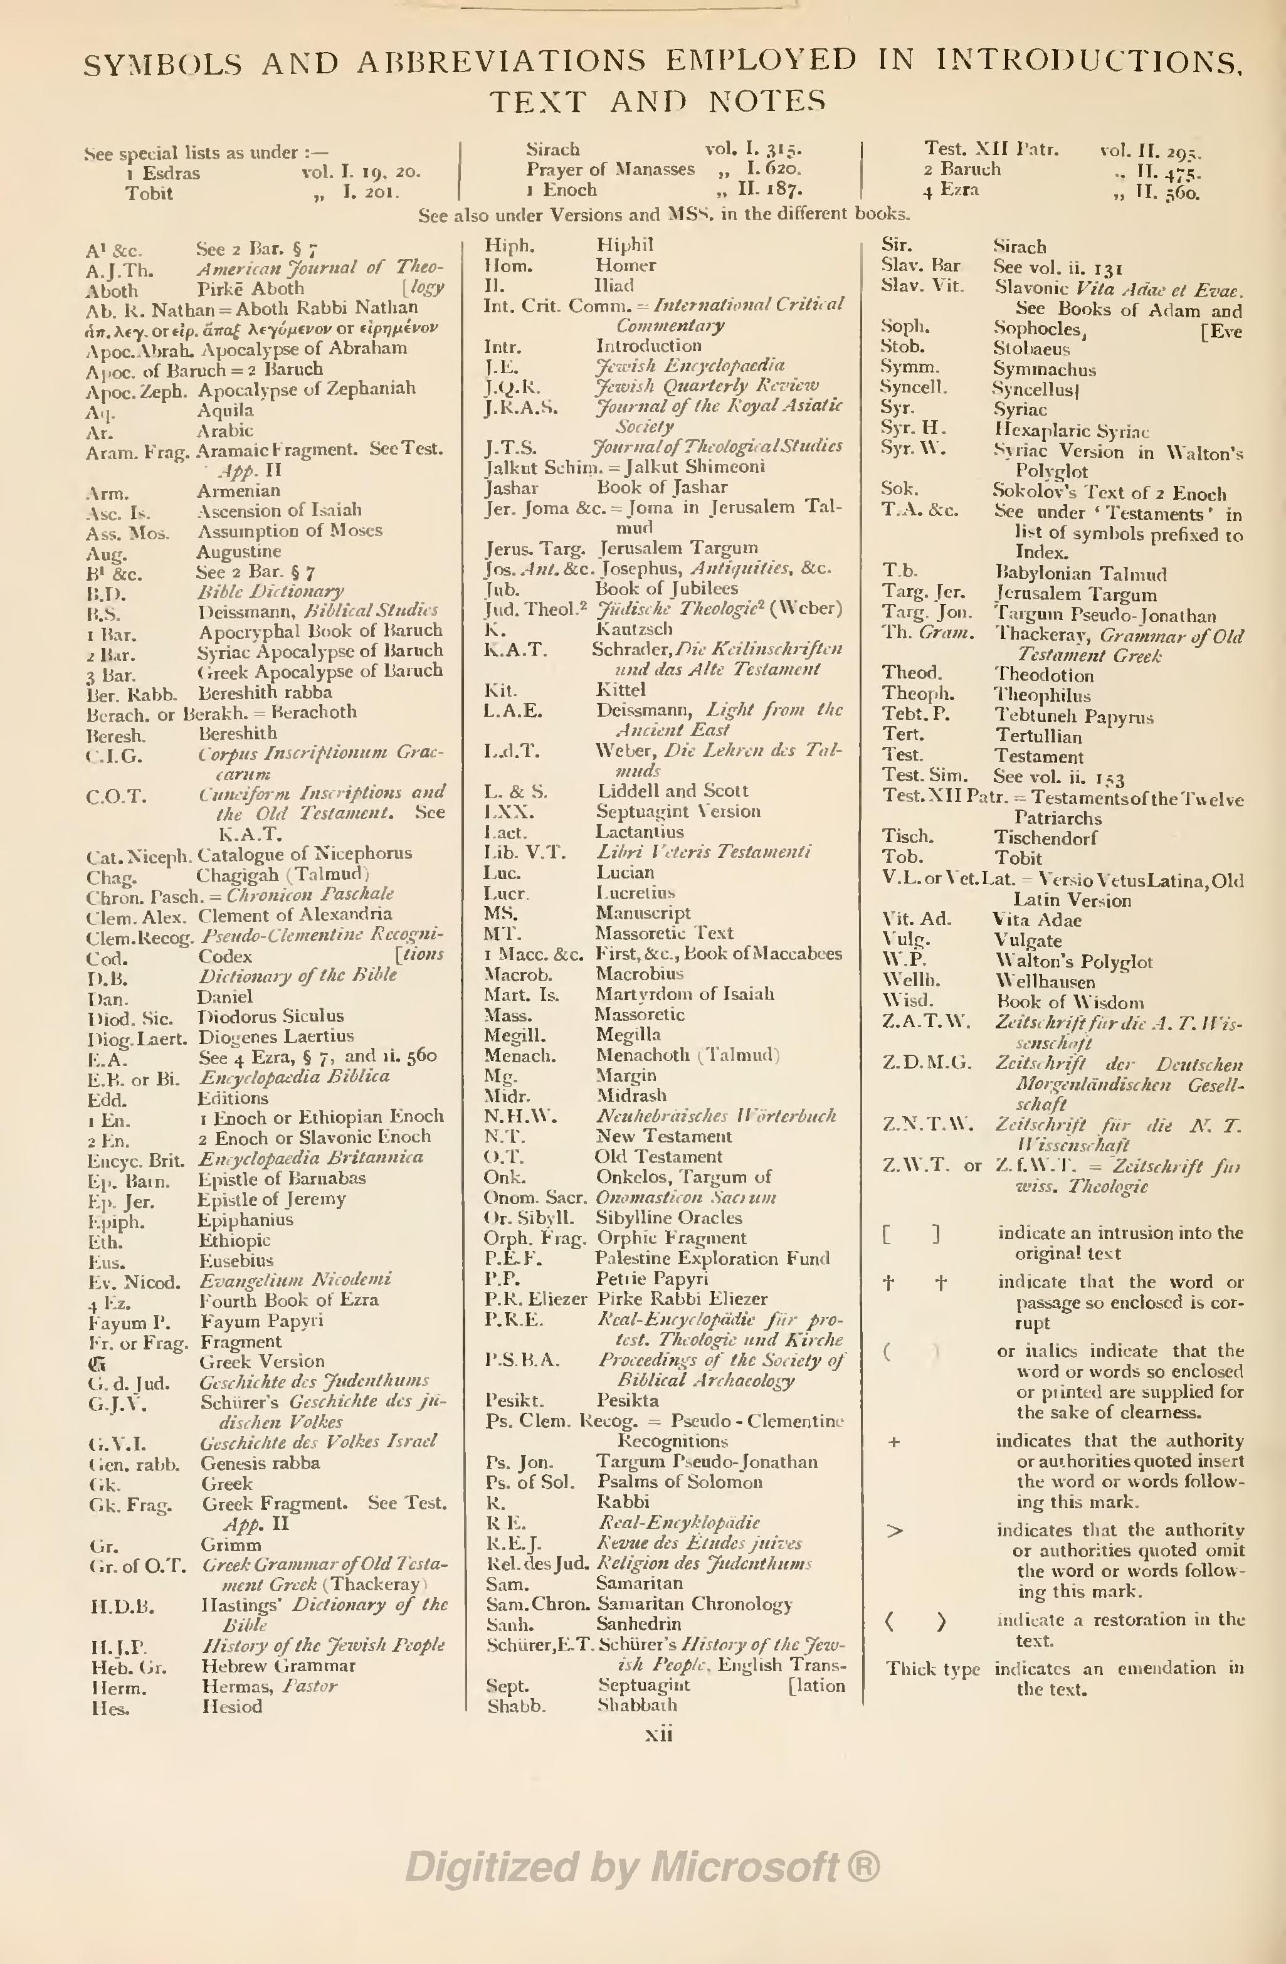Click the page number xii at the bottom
pos(658,1734)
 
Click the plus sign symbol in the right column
pos(893,1442)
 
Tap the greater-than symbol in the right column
pos(894,1531)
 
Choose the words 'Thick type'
pos(933,1669)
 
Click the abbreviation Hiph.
pos(509,246)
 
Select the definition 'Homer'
pos(625,266)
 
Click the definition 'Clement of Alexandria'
pos(295,914)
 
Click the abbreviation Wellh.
pos(910,982)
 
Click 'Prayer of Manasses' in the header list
pos(611,169)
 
